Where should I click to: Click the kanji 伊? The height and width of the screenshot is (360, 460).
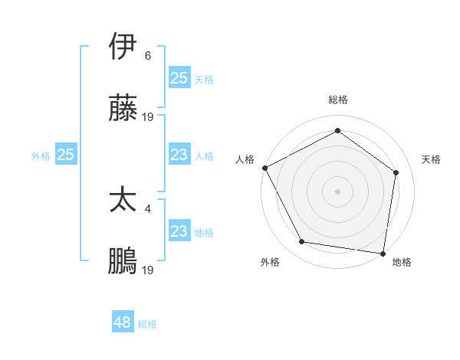(x=123, y=47)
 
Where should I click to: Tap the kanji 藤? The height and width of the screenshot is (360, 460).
(x=123, y=110)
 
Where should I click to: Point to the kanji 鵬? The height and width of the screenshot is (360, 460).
(x=123, y=261)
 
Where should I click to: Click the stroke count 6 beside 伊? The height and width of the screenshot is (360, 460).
(x=148, y=55)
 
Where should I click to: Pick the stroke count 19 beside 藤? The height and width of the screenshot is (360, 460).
(x=148, y=117)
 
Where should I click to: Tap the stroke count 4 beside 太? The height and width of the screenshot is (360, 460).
(x=148, y=207)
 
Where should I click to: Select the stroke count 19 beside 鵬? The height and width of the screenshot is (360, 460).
(x=148, y=270)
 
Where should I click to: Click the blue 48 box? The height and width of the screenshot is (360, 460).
(x=123, y=322)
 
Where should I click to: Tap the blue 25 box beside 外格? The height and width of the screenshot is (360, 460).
(x=65, y=155)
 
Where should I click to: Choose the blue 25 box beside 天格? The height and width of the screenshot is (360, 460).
(x=179, y=78)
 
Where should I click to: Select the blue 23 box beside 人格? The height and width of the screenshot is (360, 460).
(x=179, y=155)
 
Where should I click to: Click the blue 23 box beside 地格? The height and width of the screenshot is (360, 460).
(x=179, y=231)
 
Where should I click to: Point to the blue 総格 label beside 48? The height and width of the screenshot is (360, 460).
(x=147, y=324)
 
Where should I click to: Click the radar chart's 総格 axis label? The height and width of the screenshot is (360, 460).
(x=337, y=100)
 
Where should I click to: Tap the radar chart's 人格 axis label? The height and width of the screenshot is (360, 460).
(x=245, y=159)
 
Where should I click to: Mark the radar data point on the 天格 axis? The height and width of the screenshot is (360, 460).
(x=396, y=172)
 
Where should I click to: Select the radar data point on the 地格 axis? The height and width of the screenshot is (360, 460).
(x=383, y=253)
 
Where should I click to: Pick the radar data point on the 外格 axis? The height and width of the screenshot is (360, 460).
(x=301, y=242)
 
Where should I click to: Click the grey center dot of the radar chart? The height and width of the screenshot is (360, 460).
(x=337, y=191)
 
